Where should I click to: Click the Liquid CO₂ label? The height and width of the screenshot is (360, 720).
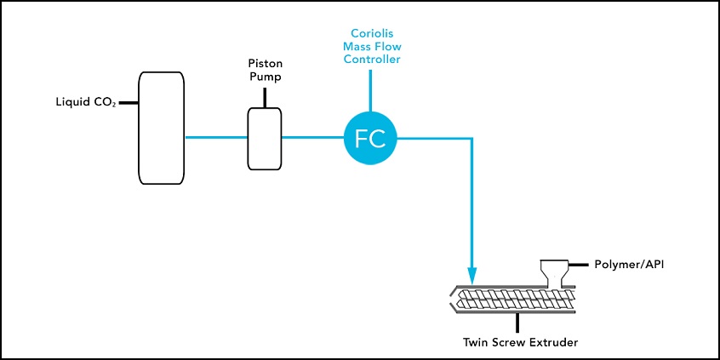(84, 104)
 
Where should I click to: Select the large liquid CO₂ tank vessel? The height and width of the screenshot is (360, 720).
(162, 128)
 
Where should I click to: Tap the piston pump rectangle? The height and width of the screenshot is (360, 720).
(264, 138)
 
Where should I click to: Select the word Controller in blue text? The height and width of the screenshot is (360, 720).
(369, 60)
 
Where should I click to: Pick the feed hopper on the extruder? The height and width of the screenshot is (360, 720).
(552, 271)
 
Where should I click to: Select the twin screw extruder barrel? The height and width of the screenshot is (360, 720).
(515, 300)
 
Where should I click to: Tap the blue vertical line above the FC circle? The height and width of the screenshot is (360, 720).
(370, 89)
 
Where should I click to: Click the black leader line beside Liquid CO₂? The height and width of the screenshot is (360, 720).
(129, 104)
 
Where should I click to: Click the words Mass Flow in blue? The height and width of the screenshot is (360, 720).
(369, 47)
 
